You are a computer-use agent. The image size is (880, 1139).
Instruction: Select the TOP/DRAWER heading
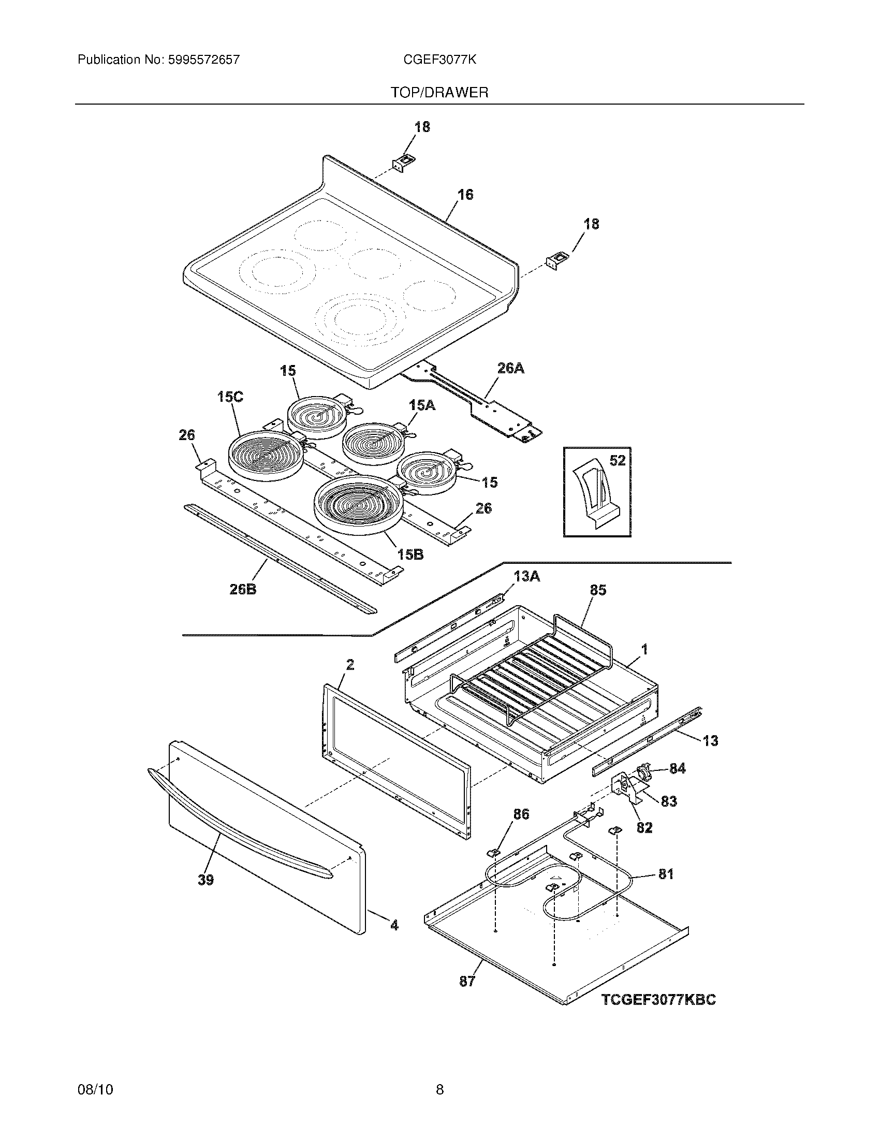[x=439, y=93]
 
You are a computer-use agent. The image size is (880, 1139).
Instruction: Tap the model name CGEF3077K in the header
[x=439, y=60]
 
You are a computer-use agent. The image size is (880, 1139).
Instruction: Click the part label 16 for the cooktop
[x=465, y=195]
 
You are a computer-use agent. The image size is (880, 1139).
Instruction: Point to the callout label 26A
[x=510, y=368]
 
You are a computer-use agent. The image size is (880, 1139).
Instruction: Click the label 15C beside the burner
[x=230, y=397]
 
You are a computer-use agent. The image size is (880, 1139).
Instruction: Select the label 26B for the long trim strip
[x=243, y=590]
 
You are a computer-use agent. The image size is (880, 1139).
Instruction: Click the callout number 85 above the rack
[x=598, y=590]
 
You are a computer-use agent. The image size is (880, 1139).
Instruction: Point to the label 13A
[x=526, y=576]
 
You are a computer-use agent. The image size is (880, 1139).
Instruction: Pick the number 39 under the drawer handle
[x=206, y=880]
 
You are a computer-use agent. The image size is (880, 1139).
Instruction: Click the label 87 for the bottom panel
[x=467, y=981]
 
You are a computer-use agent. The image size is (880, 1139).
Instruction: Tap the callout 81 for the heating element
[x=666, y=873]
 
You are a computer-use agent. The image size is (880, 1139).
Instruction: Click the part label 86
[x=521, y=813]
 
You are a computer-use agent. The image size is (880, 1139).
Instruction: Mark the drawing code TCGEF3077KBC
[x=658, y=999]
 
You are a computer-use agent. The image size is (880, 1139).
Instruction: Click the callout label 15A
[x=422, y=405]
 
